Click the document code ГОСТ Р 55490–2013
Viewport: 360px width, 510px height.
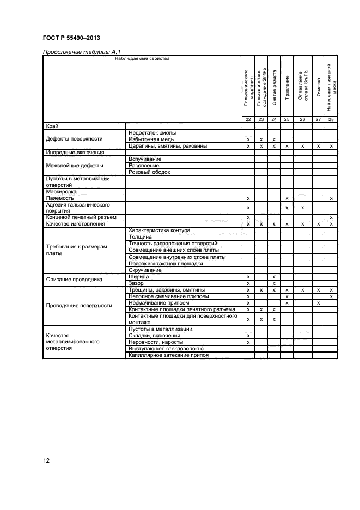click(71, 38)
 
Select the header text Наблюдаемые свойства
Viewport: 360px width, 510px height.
click(142, 58)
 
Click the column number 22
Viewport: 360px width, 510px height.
click(248, 119)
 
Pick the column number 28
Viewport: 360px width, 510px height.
click(331, 119)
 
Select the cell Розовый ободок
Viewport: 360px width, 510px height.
click(149, 172)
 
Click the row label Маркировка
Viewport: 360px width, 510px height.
click(62, 191)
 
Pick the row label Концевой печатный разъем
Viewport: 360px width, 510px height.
click(81, 217)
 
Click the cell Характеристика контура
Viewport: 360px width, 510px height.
click(159, 230)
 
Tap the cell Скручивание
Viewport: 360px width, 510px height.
click(145, 270)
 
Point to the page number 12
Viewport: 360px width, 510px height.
click(46, 460)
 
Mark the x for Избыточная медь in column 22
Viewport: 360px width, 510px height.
click(248, 139)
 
